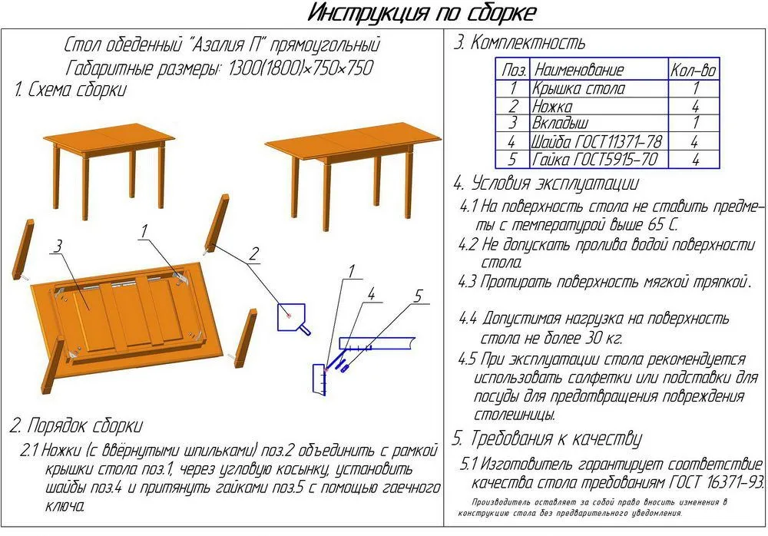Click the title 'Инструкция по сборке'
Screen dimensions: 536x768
click(x=422, y=13)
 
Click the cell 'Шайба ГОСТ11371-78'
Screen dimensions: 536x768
click(x=596, y=142)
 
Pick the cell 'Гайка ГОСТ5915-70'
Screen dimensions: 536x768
click(x=594, y=160)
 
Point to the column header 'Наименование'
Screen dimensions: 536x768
click(x=579, y=70)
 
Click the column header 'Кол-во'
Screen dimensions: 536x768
click(x=693, y=70)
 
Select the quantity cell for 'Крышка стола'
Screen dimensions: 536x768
click(x=694, y=88)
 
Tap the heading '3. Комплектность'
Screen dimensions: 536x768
click(x=518, y=43)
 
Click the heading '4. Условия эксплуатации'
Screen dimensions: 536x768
click(x=545, y=184)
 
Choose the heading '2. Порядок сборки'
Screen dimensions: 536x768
click(x=76, y=425)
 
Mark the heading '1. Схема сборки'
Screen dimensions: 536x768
click(x=70, y=90)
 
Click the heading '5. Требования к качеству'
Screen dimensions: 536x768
click(x=546, y=439)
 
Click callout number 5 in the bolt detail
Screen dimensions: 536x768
click(x=418, y=296)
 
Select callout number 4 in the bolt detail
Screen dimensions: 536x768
click(x=370, y=293)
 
